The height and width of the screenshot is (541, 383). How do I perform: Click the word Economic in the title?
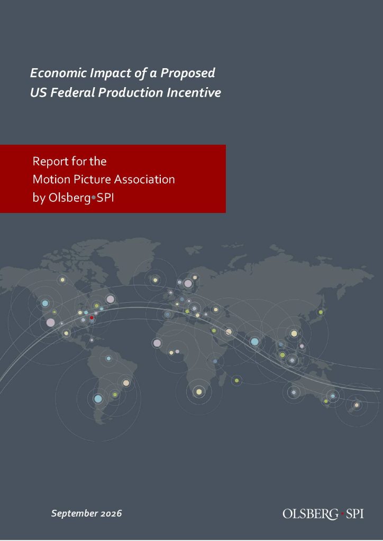pyautogui.click(x=58, y=73)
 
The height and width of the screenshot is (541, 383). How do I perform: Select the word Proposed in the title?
pyautogui.click(x=188, y=73)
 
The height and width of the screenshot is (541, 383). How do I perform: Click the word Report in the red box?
pyautogui.click(x=50, y=162)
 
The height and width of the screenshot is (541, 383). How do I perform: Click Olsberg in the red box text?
pyautogui.click(x=69, y=198)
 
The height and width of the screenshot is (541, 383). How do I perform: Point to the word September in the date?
pyautogui.click(x=74, y=514)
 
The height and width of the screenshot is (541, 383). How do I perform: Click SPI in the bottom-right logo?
pyautogui.click(x=354, y=514)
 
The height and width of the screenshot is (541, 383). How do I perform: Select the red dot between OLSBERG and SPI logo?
pyautogui.click(x=342, y=514)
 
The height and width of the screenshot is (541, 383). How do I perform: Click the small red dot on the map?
pyautogui.click(x=92, y=318)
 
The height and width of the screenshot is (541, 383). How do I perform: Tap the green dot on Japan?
pyautogui.click(x=321, y=312)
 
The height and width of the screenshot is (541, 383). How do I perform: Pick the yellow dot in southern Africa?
pyautogui.click(x=199, y=391)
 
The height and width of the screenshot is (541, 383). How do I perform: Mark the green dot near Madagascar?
pyautogui.click(x=236, y=380)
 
